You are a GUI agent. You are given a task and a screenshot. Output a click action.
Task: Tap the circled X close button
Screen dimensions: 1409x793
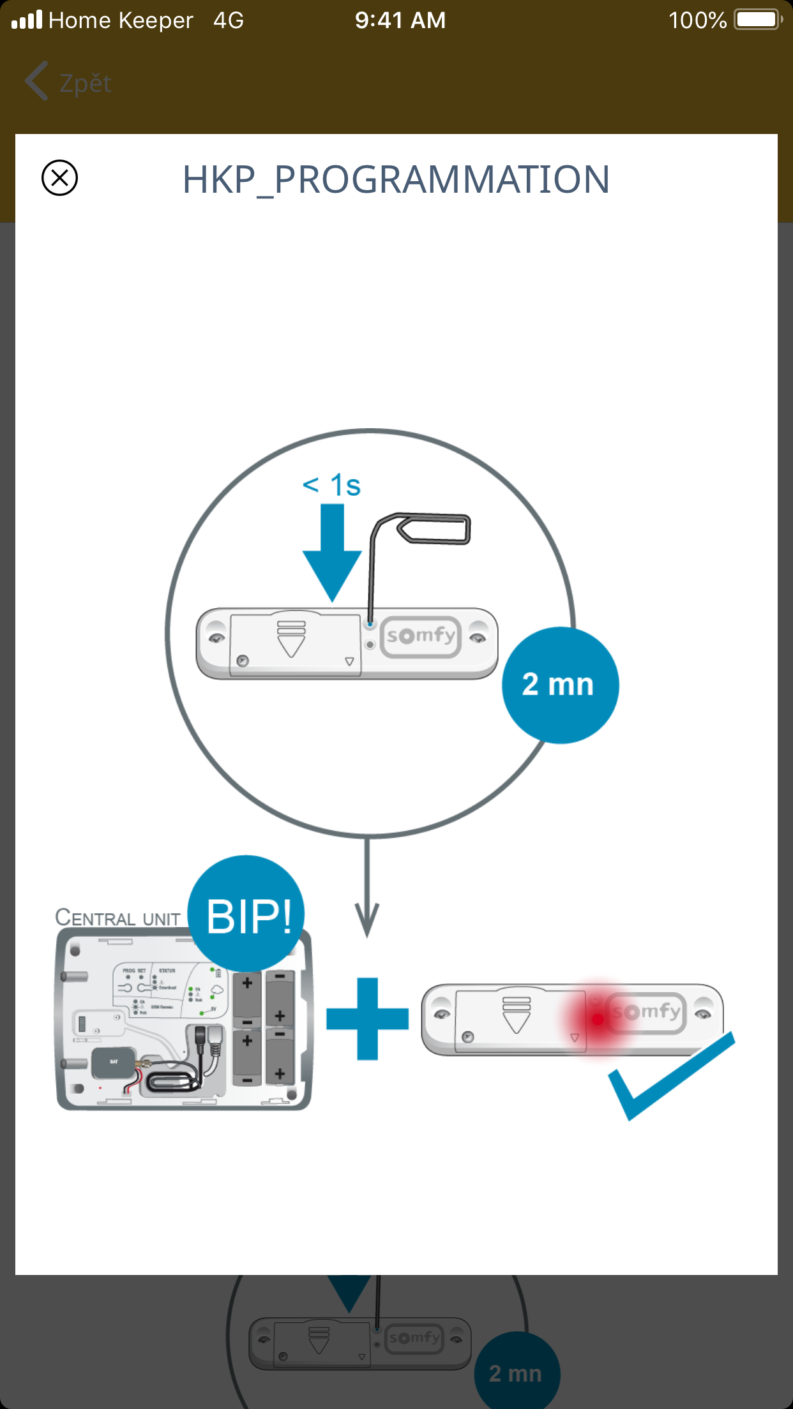click(59, 177)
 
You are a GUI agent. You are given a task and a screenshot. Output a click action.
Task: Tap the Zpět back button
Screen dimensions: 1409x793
click(69, 82)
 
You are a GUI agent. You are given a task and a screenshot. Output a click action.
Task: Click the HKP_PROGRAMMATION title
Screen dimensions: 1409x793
click(396, 179)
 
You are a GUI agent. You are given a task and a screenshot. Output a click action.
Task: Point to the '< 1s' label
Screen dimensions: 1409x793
click(332, 485)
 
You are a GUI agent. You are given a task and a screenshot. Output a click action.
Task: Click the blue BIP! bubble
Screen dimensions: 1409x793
click(247, 914)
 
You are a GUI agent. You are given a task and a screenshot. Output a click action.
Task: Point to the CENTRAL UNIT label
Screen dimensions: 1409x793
click(117, 918)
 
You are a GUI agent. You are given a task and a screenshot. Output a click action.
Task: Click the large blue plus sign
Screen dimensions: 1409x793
click(367, 1018)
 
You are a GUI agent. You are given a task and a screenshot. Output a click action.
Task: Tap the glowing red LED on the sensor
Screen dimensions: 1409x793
click(598, 1019)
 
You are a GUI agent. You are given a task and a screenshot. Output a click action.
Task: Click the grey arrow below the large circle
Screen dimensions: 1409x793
click(367, 893)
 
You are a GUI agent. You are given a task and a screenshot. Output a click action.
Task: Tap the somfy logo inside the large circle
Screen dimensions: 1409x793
click(421, 636)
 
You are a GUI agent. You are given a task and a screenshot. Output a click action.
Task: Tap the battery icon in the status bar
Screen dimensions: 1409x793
click(758, 20)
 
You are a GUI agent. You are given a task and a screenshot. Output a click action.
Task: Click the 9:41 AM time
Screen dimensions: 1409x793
click(400, 20)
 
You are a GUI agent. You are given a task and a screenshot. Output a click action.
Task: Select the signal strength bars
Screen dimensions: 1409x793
click(27, 20)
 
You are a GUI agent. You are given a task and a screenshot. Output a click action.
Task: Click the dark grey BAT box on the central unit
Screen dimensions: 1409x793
click(114, 1062)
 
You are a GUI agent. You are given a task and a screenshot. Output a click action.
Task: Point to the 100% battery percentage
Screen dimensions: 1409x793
click(697, 20)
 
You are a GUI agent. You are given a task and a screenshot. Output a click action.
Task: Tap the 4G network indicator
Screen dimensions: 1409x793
click(228, 20)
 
